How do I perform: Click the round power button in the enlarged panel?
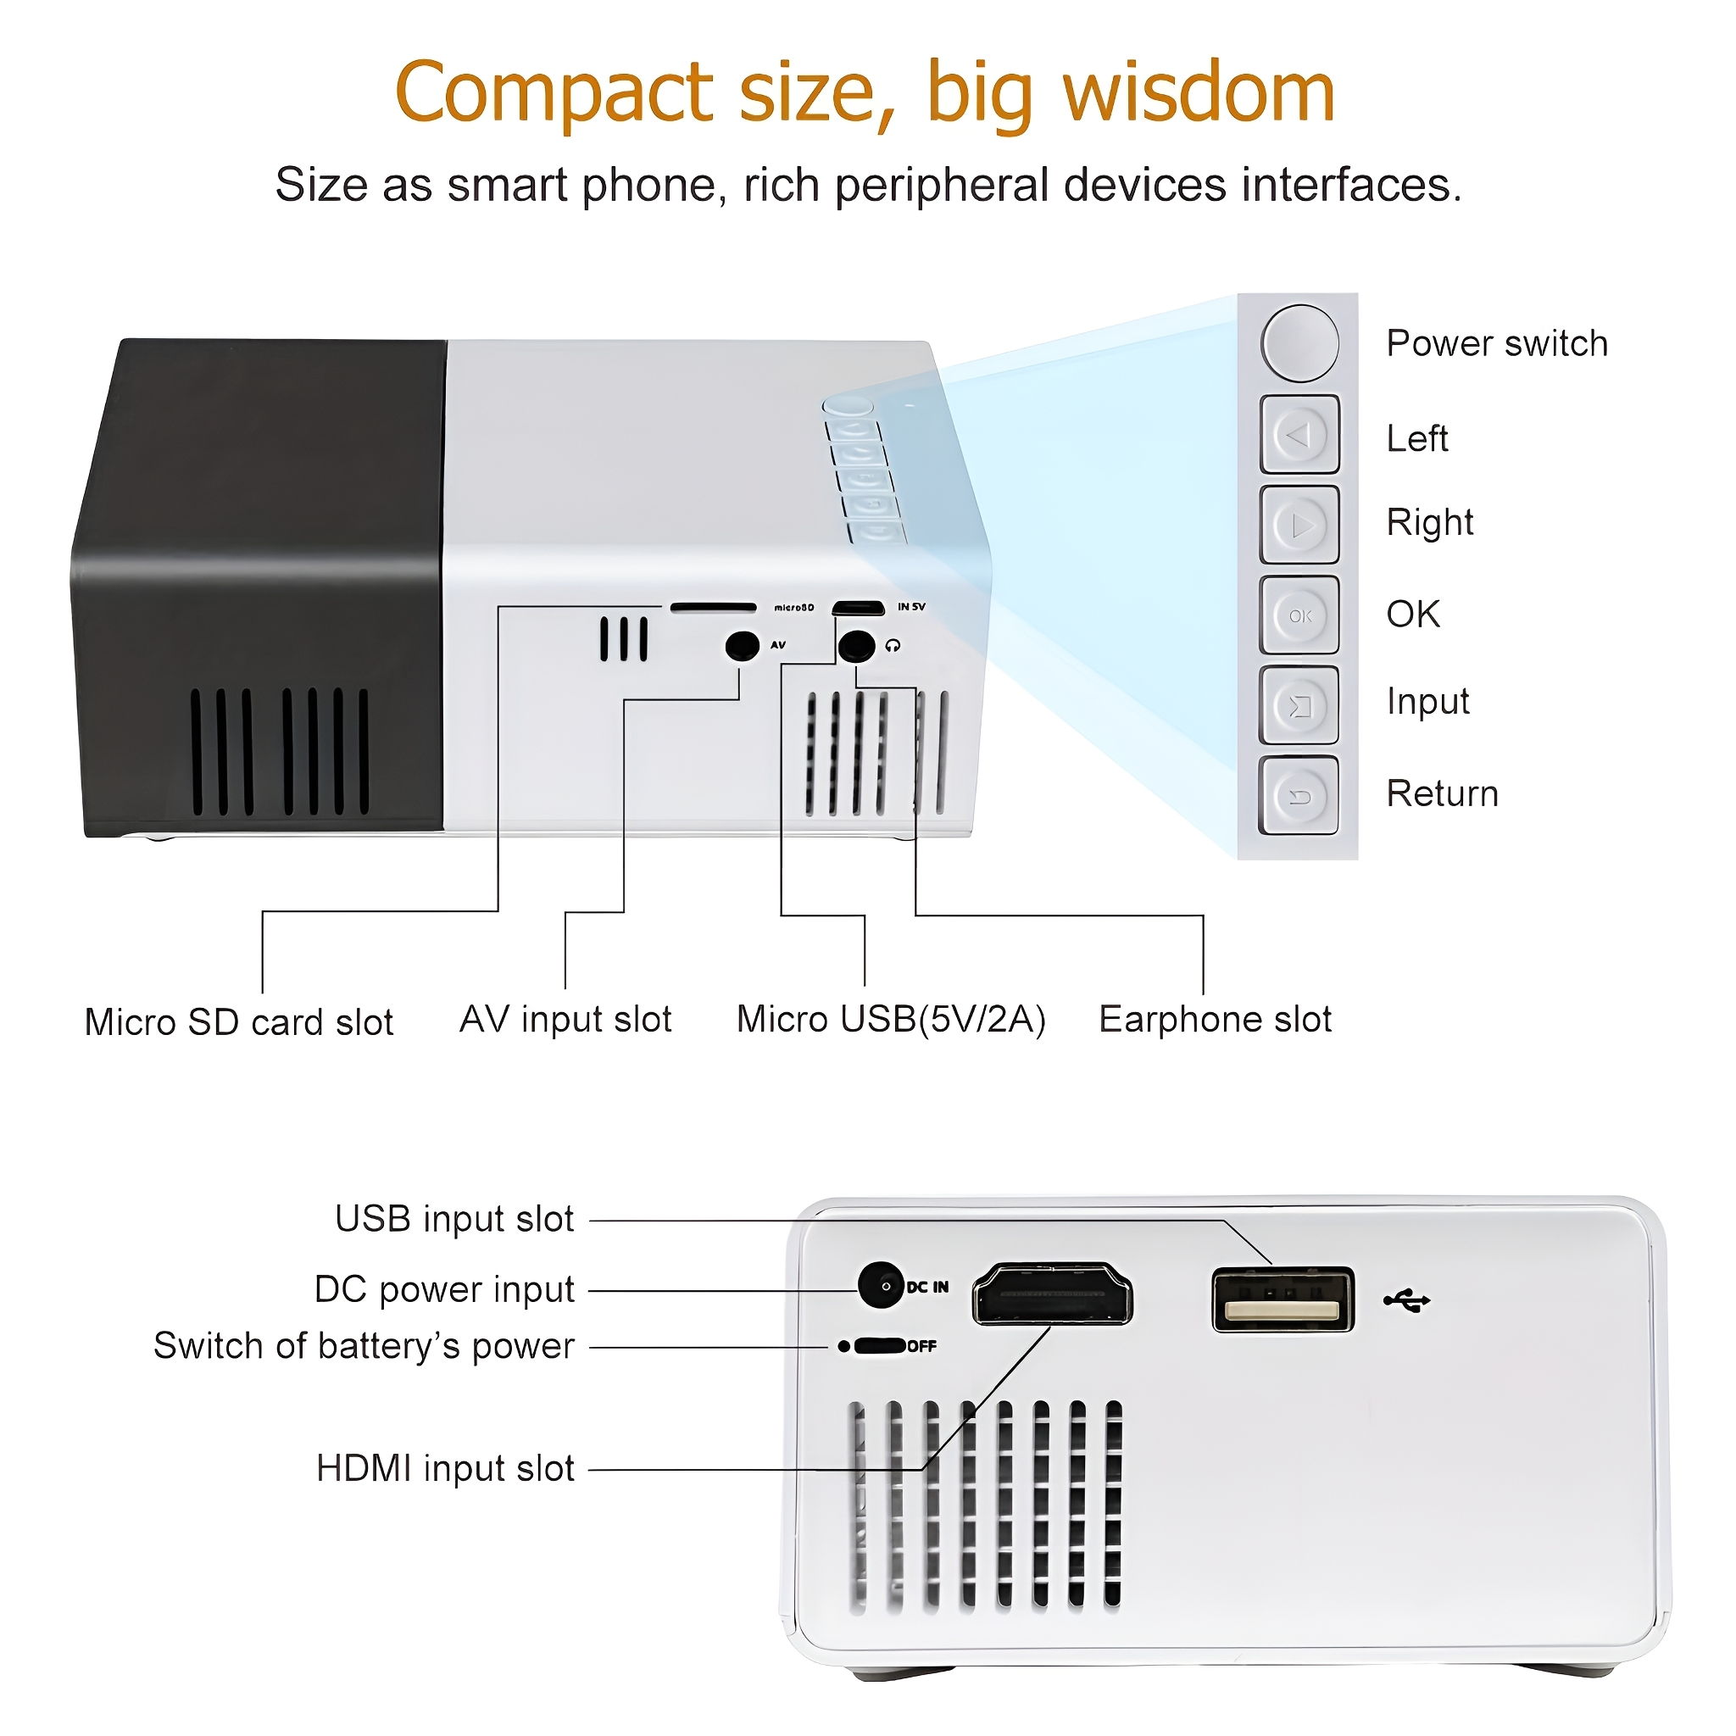[1299, 343]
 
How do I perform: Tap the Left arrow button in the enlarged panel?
[1299, 435]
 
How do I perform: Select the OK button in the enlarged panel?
[1299, 615]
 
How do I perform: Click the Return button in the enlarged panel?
[1299, 796]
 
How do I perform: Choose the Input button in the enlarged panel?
[1299, 705]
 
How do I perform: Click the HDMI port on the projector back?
[1052, 1294]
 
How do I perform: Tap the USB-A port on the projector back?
[1283, 1299]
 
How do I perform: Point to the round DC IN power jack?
[881, 1286]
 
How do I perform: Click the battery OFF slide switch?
[879, 1346]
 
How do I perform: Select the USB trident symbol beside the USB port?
[1406, 1300]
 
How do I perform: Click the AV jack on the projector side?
[743, 645]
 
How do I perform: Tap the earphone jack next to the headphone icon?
[856, 645]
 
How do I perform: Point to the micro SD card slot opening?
[714, 609]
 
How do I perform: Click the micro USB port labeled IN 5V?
[858, 609]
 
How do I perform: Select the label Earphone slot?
[1215, 1020]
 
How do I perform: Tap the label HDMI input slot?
[445, 1469]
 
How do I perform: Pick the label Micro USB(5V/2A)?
[892, 1020]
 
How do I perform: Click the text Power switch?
[1497, 343]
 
